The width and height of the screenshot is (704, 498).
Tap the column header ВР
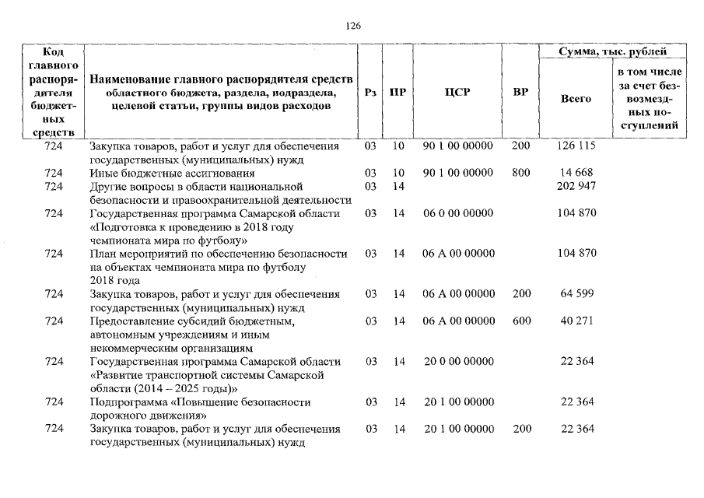(x=521, y=93)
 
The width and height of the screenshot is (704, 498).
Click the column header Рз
(x=370, y=93)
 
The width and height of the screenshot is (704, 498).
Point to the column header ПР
(x=398, y=93)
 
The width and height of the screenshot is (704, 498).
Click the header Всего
(x=576, y=99)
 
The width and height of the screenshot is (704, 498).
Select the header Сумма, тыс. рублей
(x=612, y=52)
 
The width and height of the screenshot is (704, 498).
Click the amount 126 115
(x=576, y=146)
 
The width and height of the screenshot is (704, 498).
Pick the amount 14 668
(x=576, y=173)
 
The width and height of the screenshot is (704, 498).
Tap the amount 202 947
(x=576, y=187)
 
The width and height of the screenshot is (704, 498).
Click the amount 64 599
(x=576, y=294)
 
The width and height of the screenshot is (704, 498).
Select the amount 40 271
(x=576, y=321)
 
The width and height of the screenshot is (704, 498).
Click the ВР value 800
(x=521, y=173)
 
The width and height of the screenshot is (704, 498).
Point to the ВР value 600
(x=521, y=321)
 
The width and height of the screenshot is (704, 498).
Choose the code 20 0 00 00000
(x=457, y=361)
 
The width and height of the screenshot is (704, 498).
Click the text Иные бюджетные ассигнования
(x=172, y=173)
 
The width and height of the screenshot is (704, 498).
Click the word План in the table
(x=102, y=254)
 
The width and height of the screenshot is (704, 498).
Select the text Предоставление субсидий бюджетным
(x=192, y=321)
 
